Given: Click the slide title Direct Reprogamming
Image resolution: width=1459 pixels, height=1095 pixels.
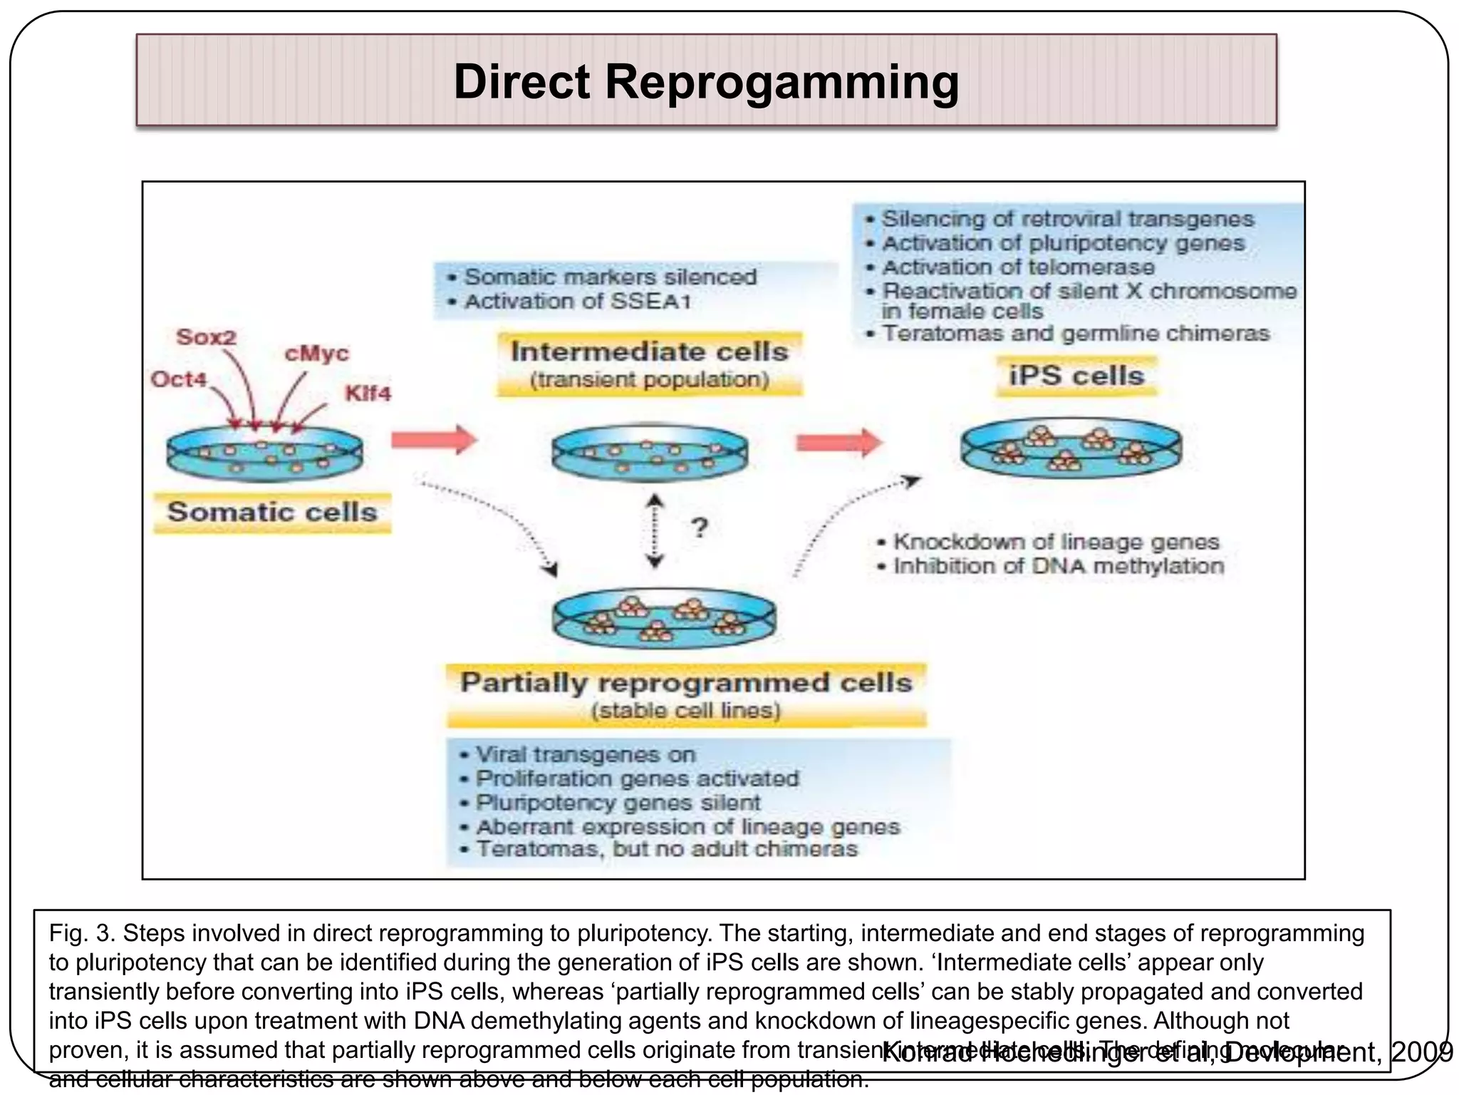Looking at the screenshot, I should (706, 81).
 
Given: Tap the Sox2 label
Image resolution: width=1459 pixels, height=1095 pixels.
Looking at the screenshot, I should (206, 336).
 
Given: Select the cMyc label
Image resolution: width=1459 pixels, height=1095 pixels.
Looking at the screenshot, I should (316, 354).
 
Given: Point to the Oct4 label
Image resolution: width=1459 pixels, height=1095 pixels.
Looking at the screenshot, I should (178, 379).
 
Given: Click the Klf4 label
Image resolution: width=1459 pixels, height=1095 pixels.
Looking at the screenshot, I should (368, 394).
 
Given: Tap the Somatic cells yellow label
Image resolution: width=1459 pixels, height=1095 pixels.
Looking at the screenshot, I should (272, 512).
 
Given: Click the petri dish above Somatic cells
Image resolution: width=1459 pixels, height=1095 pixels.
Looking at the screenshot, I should (264, 453).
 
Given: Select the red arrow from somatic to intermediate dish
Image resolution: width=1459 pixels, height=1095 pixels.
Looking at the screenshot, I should (434, 440).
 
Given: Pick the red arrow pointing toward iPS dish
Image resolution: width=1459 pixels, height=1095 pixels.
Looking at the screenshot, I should (838, 443).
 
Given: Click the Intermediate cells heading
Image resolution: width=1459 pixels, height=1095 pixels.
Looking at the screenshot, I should (649, 352).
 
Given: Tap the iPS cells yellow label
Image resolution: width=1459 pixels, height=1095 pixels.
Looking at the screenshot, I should (1076, 376).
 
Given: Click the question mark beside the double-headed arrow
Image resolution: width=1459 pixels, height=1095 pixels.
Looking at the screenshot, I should (700, 528).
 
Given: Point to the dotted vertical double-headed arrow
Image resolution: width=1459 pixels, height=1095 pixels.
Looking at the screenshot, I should (655, 532).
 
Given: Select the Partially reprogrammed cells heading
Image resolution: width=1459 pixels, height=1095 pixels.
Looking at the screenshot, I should (685, 683).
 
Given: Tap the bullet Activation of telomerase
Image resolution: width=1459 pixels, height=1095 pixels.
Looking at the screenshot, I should (1017, 267).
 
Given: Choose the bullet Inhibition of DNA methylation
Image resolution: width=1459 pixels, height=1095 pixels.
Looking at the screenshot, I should (1058, 566).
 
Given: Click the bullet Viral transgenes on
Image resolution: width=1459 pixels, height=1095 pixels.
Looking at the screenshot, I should (584, 754).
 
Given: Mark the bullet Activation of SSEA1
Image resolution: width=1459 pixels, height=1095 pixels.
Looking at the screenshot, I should (577, 302).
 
